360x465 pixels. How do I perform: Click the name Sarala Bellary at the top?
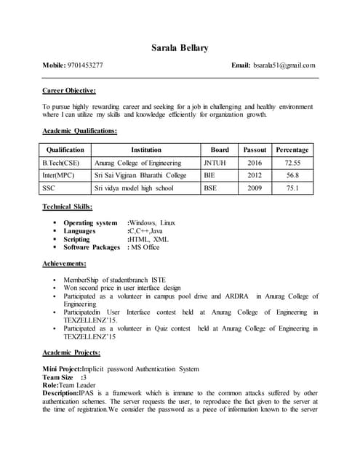[180, 48]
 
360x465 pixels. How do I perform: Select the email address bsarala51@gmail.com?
[284, 65]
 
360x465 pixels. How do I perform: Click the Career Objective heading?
[70, 91]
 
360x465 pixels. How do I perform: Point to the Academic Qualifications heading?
[80, 131]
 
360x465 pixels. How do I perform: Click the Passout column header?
[255, 150]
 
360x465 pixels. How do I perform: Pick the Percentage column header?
[292, 150]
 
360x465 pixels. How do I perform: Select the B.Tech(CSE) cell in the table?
[62, 163]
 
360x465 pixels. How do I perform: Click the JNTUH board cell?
[215, 163]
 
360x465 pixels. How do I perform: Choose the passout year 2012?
[255, 175]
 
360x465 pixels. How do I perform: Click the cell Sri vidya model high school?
[134, 187]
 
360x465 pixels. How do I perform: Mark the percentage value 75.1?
[292, 187]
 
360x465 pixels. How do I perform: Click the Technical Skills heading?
[68, 207]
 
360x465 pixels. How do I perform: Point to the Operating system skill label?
[90, 222]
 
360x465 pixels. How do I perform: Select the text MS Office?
[145, 247]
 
